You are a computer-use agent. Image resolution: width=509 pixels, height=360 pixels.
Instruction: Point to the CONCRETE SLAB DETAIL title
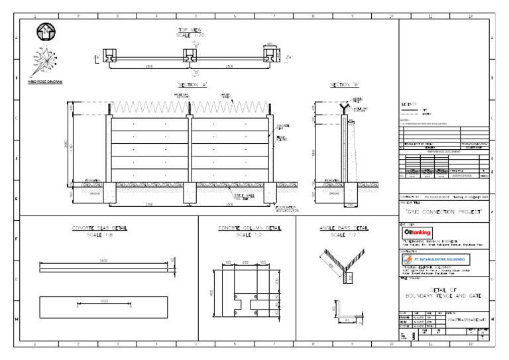pos(99,229)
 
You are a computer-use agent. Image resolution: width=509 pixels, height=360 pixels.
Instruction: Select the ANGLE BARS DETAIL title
pos(343,229)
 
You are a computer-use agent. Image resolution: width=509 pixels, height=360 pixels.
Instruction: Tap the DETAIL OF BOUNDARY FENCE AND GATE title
pos(445,293)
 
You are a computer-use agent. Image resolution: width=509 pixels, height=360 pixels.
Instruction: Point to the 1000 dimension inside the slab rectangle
pos(103,304)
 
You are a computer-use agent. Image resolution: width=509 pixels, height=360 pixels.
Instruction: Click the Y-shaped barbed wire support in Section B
pos(342,107)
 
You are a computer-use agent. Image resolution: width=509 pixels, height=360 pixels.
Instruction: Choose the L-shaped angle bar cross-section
pos(345,317)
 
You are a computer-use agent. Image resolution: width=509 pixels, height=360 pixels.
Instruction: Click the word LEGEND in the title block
pos(410,105)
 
